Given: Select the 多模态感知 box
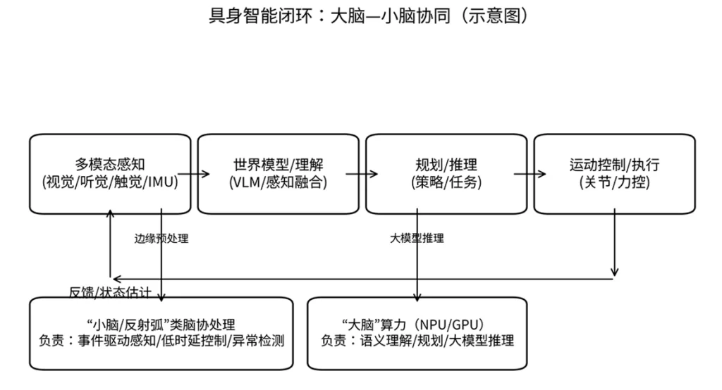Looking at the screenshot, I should pyautogui.click(x=110, y=174).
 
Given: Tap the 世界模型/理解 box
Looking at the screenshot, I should pyautogui.click(x=278, y=174).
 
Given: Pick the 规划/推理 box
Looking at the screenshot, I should pyautogui.click(x=446, y=174).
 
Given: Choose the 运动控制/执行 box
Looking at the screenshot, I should pyautogui.click(x=614, y=174).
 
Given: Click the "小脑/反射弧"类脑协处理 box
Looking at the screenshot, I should pyautogui.click(x=161, y=333).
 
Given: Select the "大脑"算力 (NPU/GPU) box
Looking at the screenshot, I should pyautogui.click(x=417, y=333).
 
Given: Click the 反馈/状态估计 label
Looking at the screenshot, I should pyautogui.click(x=119, y=291).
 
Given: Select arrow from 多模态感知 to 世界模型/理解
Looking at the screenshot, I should pyautogui.click(x=195, y=174).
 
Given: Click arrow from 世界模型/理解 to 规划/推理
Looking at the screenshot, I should pyautogui.click(x=362, y=174).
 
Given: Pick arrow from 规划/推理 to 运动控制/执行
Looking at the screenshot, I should pyautogui.click(x=530, y=174).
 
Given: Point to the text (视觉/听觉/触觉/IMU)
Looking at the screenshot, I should pyautogui.click(x=110, y=182).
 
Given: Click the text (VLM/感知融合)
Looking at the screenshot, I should pyautogui.click(x=278, y=182).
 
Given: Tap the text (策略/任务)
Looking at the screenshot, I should pyautogui.click(x=446, y=182).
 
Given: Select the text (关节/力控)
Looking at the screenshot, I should pyautogui.click(x=614, y=182).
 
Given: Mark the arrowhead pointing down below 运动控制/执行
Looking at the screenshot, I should pyautogui.click(x=615, y=272).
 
